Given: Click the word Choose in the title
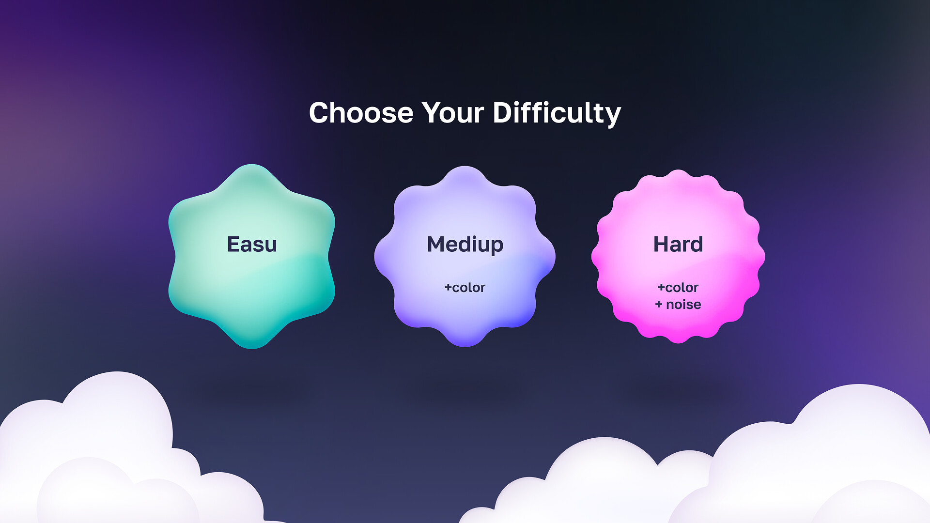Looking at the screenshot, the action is [361, 113].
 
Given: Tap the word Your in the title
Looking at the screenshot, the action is [453, 113].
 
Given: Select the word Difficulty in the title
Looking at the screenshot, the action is [557, 114].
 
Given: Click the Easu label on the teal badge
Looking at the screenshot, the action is [252, 244].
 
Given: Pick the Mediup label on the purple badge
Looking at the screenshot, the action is [465, 245].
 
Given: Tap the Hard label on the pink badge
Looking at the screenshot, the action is [678, 244].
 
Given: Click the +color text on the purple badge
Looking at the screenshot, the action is [465, 288].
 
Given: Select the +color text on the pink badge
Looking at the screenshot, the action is [678, 288].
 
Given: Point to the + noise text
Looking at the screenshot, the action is [678, 305].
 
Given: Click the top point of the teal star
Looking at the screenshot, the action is [252, 166].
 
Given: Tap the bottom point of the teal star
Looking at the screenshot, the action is [252, 347].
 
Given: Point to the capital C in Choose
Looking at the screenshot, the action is [320, 113].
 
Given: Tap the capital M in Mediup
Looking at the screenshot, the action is [435, 244].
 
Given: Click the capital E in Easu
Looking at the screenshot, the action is [233, 244].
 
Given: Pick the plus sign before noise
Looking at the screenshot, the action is [658, 305].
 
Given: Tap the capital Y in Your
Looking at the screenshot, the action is [433, 113].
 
